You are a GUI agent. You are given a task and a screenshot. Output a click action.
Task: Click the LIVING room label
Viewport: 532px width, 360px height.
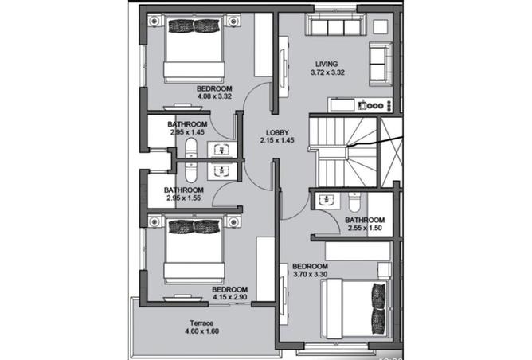tap(327, 64)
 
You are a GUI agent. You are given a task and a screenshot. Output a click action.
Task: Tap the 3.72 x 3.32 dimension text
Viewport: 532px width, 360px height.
tap(327, 72)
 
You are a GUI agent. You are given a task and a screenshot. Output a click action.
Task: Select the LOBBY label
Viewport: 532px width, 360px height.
tap(277, 133)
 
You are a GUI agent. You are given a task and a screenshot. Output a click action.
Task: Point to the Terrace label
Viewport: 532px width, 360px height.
tap(201, 323)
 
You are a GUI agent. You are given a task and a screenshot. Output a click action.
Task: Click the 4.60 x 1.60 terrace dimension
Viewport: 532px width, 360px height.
tap(201, 331)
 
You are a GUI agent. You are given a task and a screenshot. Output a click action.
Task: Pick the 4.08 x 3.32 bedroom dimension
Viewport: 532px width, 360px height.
tap(214, 96)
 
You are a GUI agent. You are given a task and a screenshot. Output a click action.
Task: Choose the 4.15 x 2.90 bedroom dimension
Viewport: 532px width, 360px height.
tap(229, 298)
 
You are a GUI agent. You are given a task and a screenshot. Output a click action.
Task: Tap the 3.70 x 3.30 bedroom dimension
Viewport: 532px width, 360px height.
tap(310, 275)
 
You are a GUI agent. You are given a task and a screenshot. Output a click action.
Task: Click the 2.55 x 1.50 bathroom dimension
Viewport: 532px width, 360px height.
tap(365, 228)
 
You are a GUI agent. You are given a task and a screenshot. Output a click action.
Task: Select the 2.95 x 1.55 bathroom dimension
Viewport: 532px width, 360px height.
tap(183, 198)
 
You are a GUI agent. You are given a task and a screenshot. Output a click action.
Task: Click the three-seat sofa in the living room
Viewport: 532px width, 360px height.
tap(335, 25)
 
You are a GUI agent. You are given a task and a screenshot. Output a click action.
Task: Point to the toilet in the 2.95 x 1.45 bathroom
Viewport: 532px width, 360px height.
tap(191, 149)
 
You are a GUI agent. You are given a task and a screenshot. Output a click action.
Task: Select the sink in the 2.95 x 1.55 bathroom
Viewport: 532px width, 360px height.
tap(222, 172)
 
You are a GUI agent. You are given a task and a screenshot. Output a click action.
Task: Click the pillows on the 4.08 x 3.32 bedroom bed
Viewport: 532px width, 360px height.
tap(194, 26)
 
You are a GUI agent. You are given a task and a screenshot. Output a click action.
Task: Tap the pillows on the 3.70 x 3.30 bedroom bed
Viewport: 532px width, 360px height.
tap(378, 308)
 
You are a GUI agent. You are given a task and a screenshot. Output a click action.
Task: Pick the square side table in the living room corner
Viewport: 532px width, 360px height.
tap(381, 26)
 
